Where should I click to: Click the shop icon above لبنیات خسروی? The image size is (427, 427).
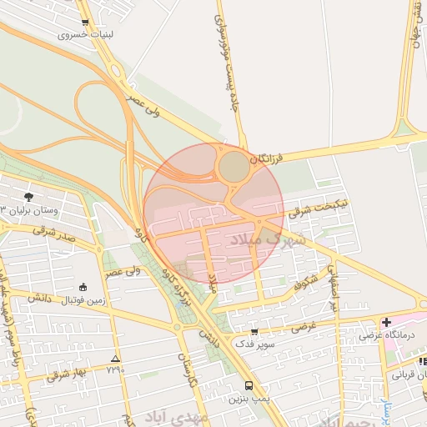(85, 23)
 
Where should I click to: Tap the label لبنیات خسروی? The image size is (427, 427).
(85, 36)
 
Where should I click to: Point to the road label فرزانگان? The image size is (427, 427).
(284, 157)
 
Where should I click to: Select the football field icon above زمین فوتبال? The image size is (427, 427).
(82, 286)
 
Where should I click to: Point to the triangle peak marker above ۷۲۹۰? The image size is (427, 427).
(115, 359)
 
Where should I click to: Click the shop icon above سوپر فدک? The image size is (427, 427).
(254, 332)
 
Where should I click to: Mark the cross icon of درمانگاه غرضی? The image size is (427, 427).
(386, 322)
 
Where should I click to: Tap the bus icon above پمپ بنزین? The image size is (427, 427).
(249, 385)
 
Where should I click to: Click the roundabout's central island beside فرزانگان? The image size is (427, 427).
(234, 168)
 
